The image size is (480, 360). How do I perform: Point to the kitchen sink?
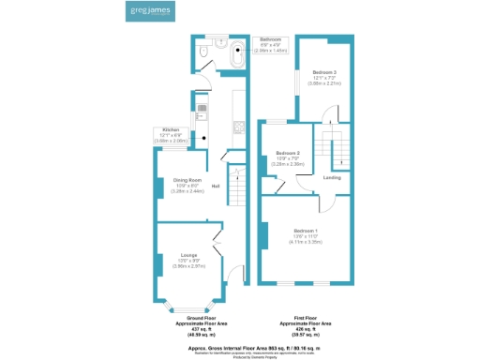[202, 110]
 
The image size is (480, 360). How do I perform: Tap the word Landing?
[332, 177]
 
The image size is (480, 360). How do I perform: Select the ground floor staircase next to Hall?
[239, 195]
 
